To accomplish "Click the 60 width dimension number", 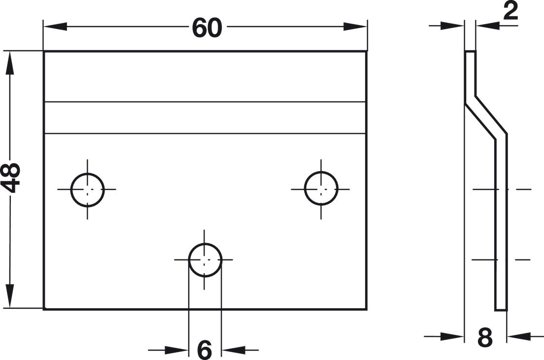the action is [x=207, y=28].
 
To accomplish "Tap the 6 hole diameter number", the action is [x=204, y=350].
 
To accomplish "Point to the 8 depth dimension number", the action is [x=485, y=337].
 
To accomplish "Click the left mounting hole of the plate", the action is [x=87, y=189].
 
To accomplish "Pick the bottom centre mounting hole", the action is [x=205, y=260].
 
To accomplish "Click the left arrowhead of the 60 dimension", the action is [x=55, y=27].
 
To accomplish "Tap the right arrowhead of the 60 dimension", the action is [x=355, y=27].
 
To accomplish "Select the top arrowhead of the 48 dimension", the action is [x=10, y=63].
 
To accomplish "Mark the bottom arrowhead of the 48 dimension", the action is [x=10, y=296].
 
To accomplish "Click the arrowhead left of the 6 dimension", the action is [x=176, y=350].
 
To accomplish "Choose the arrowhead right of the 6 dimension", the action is [x=234, y=350].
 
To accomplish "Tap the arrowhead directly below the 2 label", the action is [x=488, y=25].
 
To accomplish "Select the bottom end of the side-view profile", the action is [x=501, y=309].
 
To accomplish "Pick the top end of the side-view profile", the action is [x=470, y=51].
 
